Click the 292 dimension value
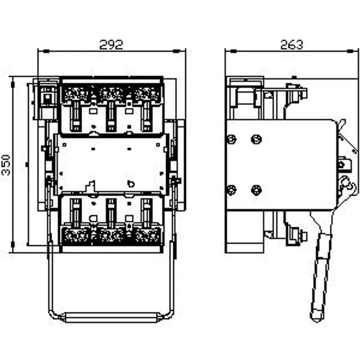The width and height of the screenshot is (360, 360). pyautogui.click(x=111, y=45)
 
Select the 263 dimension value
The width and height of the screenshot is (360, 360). pyautogui.click(x=292, y=45)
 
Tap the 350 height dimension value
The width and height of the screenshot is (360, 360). pyautogui.click(x=6, y=165)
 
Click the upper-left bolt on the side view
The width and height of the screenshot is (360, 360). pyautogui.click(x=231, y=139)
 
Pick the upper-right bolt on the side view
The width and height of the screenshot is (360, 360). pyautogui.click(x=256, y=139)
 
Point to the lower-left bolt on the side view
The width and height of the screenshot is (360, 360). pyautogui.click(x=231, y=190)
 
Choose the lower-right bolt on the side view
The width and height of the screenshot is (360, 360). pyautogui.click(x=256, y=190)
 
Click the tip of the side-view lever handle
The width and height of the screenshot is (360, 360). pyautogui.click(x=317, y=320)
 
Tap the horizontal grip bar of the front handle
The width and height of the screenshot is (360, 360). pyautogui.click(x=111, y=317)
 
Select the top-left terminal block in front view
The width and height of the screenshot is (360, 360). pyautogui.click(x=76, y=94)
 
